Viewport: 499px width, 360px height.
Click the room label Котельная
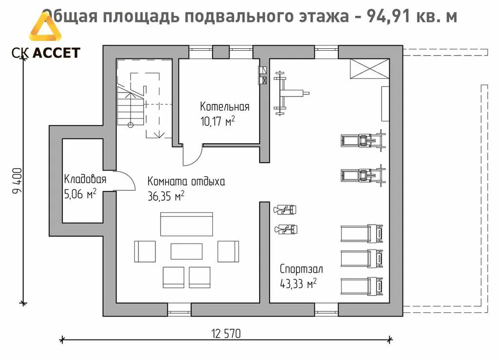(225, 107)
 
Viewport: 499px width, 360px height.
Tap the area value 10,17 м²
(217, 121)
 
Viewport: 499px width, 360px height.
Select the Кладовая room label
(85, 180)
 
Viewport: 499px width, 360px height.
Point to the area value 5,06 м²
(80, 195)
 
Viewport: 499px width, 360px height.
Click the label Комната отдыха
(186, 182)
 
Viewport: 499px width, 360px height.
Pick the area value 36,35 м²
(166, 196)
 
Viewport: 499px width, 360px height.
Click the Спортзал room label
(301, 269)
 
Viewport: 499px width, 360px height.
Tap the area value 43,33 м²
(298, 284)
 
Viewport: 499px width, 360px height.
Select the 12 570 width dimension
(226, 334)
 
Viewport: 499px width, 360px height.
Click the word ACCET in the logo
(56, 53)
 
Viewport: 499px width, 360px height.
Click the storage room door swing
(126, 181)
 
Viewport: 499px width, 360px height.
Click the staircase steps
(129, 105)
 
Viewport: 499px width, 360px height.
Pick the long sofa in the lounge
(187, 224)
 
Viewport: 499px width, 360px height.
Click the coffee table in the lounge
(186, 251)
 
